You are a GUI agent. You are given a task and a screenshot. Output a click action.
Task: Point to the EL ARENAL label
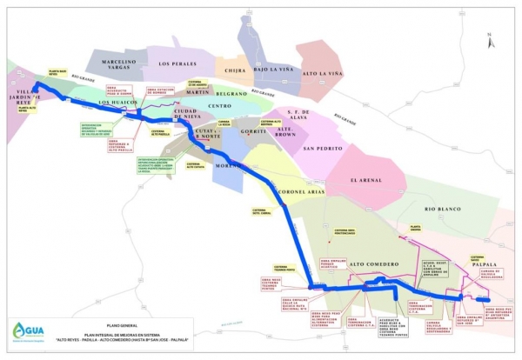(366, 181)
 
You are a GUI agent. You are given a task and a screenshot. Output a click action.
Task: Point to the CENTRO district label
(219, 105)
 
